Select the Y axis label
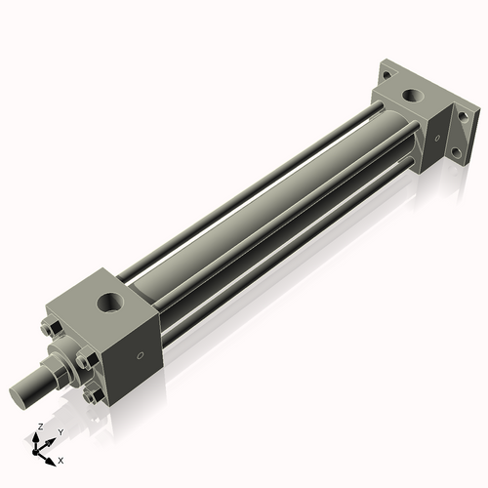point(60,431)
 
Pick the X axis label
point(61,458)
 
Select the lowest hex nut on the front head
point(94,395)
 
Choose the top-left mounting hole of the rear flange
point(386,72)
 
